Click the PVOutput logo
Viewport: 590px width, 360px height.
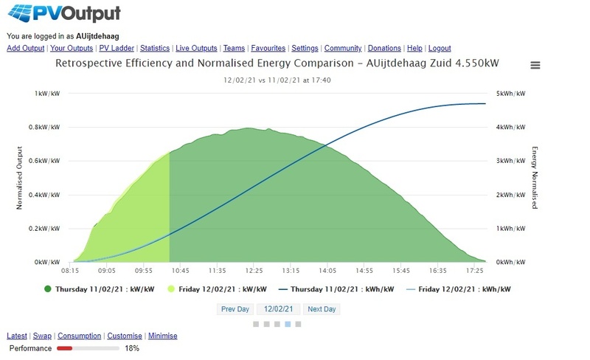pos(63,13)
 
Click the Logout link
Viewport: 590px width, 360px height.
pos(439,48)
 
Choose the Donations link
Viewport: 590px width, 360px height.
pos(384,48)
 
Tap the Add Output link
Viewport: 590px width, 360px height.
pos(26,48)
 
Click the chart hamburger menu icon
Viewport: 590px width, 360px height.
pos(535,65)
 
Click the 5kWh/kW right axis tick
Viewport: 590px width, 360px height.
pos(510,94)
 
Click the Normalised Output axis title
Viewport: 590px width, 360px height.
pos(20,177)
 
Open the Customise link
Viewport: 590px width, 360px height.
pos(124,336)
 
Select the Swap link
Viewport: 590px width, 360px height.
pos(43,336)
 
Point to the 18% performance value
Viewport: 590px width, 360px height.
pos(132,347)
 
